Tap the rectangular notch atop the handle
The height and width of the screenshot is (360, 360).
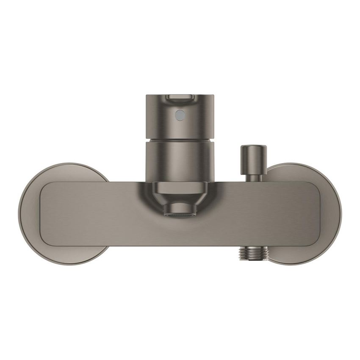click(x=180, y=98)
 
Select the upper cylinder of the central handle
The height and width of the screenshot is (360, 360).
click(x=180, y=119)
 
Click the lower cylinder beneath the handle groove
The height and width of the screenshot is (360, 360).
click(x=180, y=163)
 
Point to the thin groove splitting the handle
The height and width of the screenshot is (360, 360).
click(x=180, y=140)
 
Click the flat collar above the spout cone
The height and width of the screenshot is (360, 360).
click(x=180, y=188)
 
